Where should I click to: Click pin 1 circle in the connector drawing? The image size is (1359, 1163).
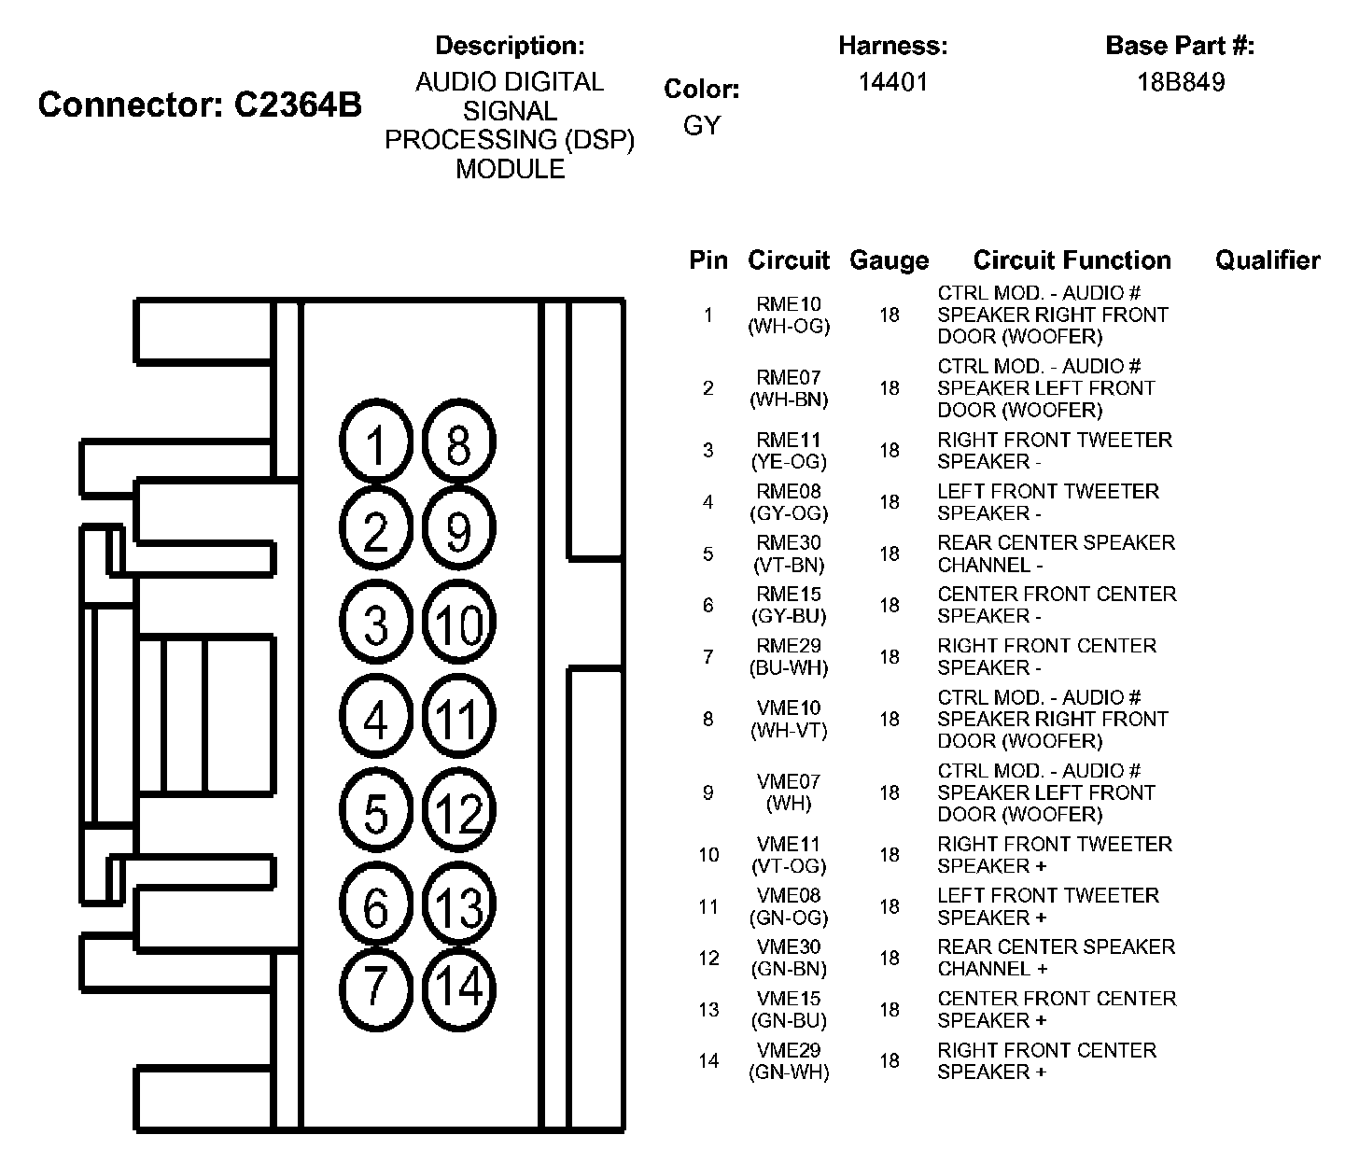pos(376,444)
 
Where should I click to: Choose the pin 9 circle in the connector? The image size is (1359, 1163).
pos(459,531)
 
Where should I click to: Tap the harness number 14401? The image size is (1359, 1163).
pos(893,82)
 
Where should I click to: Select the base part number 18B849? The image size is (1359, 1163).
pos(1181,82)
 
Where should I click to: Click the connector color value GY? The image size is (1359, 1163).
pos(702,125)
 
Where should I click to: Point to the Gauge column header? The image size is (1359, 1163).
pos(889,260)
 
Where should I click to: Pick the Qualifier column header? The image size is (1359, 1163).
pos(1268,260)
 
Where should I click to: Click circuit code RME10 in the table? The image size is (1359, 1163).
pos(789,304)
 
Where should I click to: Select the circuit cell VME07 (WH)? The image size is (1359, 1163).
pos(789,792)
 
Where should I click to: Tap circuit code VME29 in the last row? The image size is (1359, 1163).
pos(789,1050)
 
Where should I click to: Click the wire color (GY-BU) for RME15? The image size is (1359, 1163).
pos(789,616)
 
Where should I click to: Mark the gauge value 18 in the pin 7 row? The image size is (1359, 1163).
pos(889,657)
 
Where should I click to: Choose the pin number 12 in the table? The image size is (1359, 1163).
pos(708,959)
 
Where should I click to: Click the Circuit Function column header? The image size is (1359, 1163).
pos(1072,260)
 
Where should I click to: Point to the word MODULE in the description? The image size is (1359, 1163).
pos(510,169)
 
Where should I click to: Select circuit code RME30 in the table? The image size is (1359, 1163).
pos(789,543)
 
